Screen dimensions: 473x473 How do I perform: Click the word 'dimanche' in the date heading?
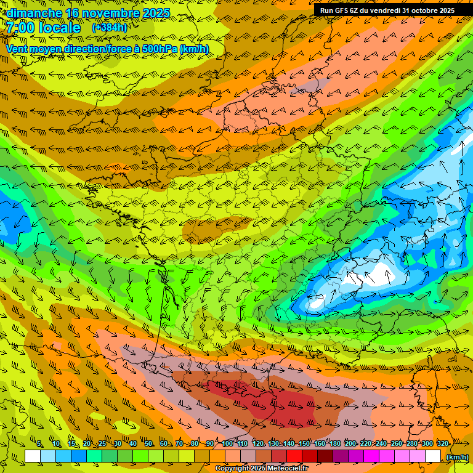click(34, 13)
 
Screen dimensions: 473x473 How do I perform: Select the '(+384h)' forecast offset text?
click(109, 28)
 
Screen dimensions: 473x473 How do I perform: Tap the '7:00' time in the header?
click(20, 28)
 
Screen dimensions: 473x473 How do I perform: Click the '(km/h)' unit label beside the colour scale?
click(456, 457)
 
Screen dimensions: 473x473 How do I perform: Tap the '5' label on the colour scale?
click(39, 443)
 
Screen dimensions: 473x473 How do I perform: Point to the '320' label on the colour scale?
click(442, 443)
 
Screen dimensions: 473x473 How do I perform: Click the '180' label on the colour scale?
click(334, 443)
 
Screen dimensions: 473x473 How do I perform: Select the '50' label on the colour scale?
click(148, 443)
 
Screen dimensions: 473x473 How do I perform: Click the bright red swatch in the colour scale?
click(294, 456)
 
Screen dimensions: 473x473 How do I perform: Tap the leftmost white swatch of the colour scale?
click(33, 456)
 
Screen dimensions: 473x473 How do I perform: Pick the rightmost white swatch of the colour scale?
click(433, 456)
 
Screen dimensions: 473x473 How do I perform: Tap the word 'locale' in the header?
click(60, 28)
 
